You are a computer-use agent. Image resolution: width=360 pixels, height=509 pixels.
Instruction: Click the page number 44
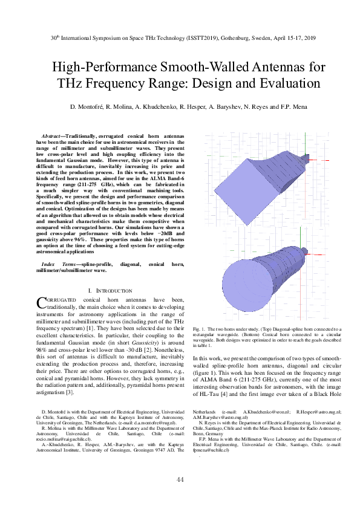pos(180,479)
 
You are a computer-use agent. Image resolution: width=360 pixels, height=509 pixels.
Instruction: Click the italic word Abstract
pos(51,136)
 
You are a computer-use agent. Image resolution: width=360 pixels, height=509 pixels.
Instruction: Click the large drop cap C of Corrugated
pos(41,302)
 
